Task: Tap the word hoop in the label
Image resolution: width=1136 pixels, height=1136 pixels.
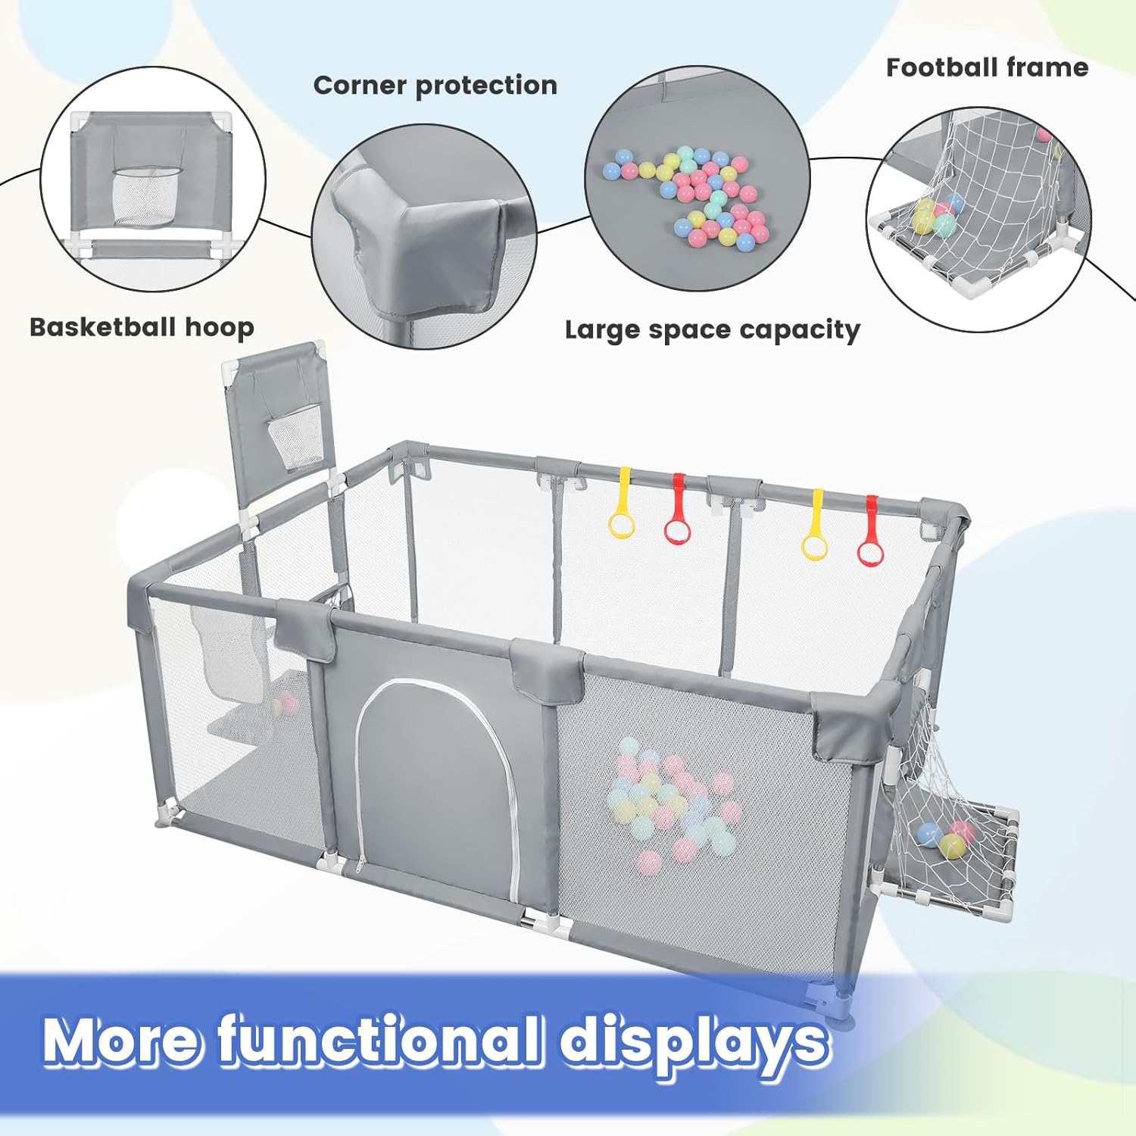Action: point(220,329)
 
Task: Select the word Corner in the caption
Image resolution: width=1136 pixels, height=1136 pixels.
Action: point(360,85)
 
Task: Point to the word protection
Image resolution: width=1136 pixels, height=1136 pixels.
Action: point(487,86)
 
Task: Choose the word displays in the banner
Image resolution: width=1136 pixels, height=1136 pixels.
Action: point(694,1042)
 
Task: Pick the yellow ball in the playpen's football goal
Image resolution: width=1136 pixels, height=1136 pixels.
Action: point(953,845)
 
